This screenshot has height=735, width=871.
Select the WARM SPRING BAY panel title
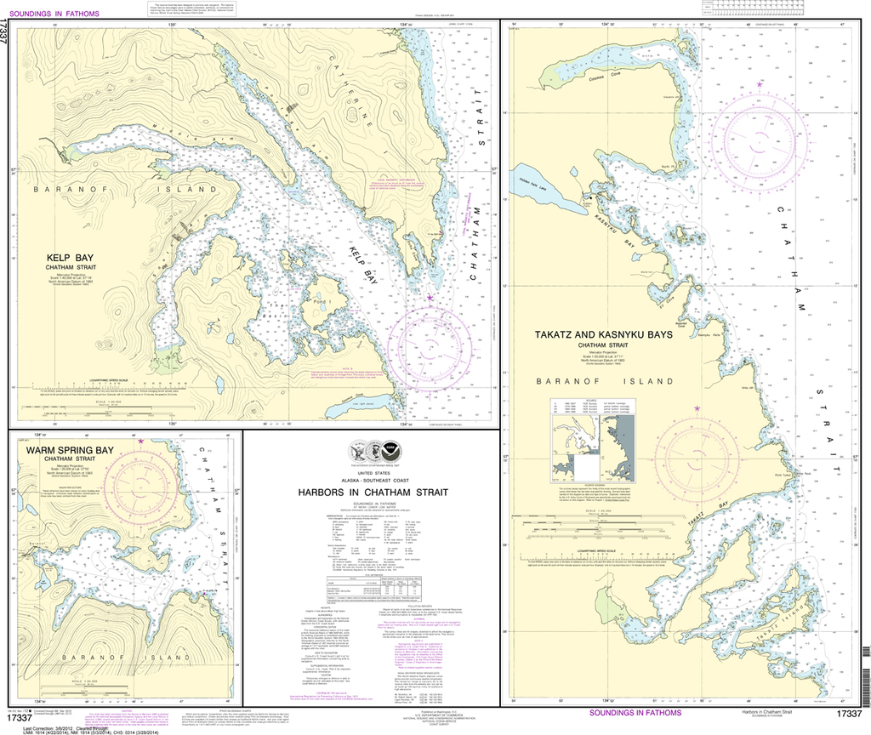[x=69, y=450]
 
